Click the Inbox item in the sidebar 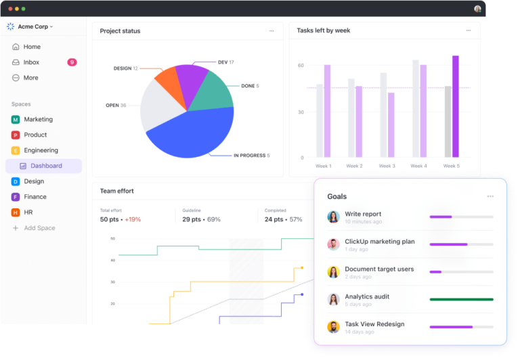(31, 62)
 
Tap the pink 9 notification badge (72, 62)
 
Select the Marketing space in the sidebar (38, 119)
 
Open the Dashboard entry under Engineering (46, 166)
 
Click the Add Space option (39, 228)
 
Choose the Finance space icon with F (16, 197)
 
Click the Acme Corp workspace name (35, 26)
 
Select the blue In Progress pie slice (190, 135)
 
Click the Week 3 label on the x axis (387, 166)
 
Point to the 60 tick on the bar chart (301, 66)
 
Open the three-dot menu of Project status (272, 30)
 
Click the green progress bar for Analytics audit (461, 299)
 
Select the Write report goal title (363, 214)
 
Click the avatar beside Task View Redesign (333, 327)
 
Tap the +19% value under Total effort (133, 219)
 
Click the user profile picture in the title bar (477, 9)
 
